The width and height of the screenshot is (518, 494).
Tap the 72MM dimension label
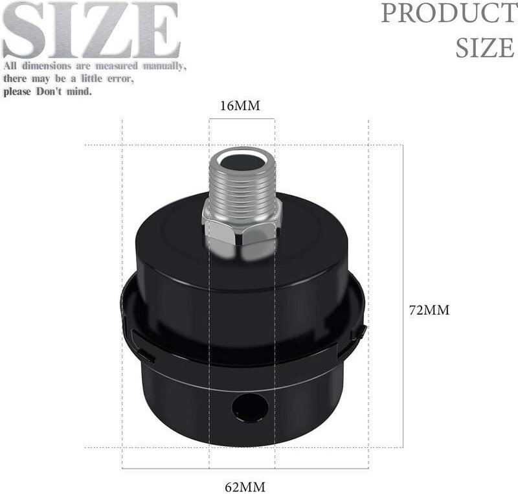[429, 309]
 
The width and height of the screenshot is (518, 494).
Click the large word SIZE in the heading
[91, 30]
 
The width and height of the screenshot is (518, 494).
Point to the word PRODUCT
[447, 13]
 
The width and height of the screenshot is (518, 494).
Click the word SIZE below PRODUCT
[484, 47]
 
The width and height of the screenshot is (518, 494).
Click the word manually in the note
[163, 66]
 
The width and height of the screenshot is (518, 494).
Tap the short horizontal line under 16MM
[242, 119]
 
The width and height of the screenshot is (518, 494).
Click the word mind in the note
[78, 91]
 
